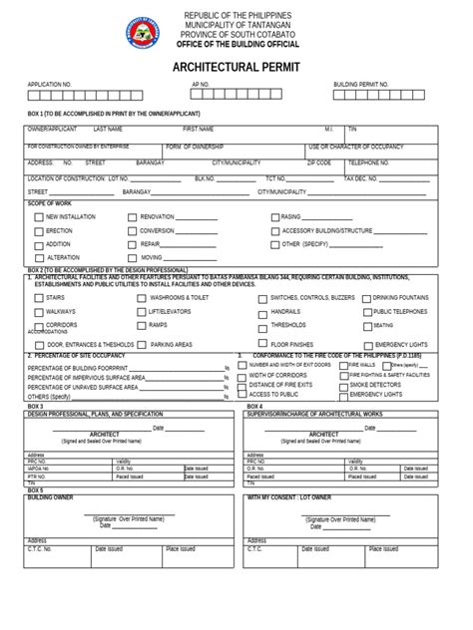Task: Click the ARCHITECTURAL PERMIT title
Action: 237,66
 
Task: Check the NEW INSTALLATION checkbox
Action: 38,216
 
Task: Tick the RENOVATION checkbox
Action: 133,216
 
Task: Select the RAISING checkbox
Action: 274,216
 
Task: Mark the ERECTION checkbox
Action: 38,230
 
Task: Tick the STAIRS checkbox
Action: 38,298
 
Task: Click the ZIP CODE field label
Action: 319,161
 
